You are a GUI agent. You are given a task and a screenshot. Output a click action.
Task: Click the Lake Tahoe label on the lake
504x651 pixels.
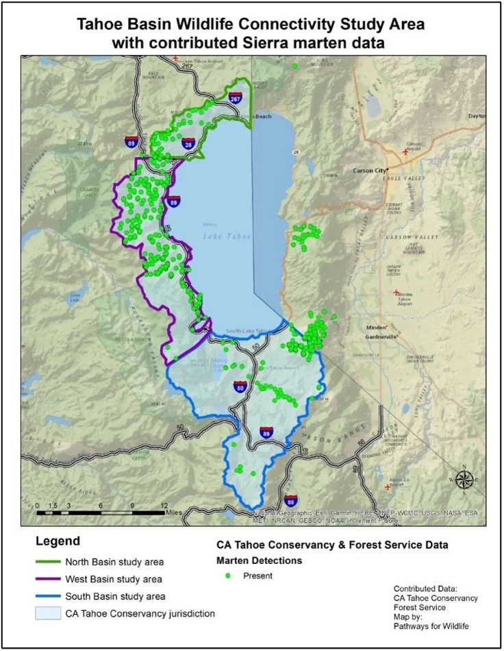(x=227, y=236)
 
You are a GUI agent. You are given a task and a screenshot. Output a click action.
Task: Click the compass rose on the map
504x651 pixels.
(x=464, y=479)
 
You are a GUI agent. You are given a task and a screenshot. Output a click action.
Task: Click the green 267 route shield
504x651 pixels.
(x=236, y=99)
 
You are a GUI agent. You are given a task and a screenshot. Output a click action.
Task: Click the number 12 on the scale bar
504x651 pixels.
(x=164, y=506)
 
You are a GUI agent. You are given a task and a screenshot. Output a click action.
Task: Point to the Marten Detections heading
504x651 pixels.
(x=255, y=561)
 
